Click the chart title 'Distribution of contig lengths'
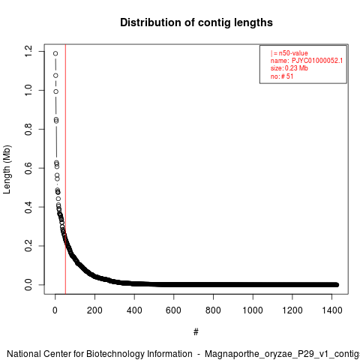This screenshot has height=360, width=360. [x=196, y=22]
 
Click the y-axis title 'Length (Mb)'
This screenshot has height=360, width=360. [x=7, y=169]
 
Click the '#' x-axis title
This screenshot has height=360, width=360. [x=196, y=332]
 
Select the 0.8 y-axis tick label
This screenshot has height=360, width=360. [x=28, y=129]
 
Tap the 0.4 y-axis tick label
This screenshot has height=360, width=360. [x=28, y=207]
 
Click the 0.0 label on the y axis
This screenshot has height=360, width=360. [x=28, y=285]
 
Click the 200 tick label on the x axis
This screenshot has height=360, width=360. [x=94, y=310]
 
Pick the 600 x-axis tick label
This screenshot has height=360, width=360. [x=173, y=310]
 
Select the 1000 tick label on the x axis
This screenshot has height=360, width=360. [x=253, y=310]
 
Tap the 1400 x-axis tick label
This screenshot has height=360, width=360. [x=331, y=310]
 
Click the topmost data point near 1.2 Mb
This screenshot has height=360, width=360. [x=55, y=53]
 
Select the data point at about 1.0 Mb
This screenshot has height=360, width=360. [x=56, y=91]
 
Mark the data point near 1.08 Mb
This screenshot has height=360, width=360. [x=55, y=76]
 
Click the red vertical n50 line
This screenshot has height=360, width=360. [x=65, y=169]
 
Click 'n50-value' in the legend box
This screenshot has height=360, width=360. [x=293, y=53]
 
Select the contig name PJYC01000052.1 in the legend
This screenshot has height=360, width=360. [x=317, y=61]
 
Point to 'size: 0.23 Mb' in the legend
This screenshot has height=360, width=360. [x=289, y=68]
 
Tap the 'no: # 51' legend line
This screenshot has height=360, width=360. [x=282, y=76]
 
